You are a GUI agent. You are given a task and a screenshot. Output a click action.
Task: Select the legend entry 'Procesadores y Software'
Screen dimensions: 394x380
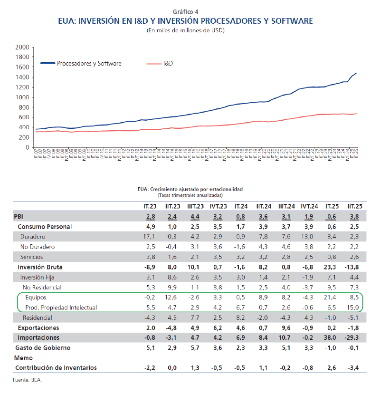point(89,63)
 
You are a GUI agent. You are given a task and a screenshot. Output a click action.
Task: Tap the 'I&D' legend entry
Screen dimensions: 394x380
point(168,63)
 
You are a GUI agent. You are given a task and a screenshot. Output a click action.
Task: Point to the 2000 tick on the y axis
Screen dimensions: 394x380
point(22,48)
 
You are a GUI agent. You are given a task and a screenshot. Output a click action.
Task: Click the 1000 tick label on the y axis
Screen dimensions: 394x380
point(22,97)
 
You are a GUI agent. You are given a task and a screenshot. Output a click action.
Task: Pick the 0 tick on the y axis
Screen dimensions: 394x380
point(28,147)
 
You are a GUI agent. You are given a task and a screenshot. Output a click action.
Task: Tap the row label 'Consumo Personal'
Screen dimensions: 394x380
point(45,227)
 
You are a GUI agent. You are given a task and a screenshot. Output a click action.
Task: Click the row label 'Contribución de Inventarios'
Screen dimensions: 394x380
point(56,368)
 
